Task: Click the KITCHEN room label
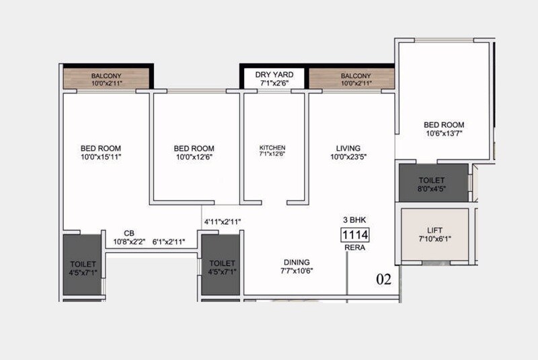(x=273, y=148)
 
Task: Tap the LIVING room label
(x=349, y=148)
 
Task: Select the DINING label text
(x=297, y=262)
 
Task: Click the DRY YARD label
(x=274, y=75)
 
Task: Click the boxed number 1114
(x=356, y=235)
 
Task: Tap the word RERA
(x=355, y=248)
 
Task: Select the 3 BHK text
(x=354, y=219)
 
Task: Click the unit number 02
(x=382, y=278)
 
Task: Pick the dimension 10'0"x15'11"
(x=101, y=157)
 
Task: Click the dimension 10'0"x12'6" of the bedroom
(x=194, y=157)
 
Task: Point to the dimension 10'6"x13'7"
(x=444, y=133)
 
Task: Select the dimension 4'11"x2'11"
(x=223, y=221)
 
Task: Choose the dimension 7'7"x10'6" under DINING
(x=297, y=271)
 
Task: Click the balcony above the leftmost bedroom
(x=106, y=79)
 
